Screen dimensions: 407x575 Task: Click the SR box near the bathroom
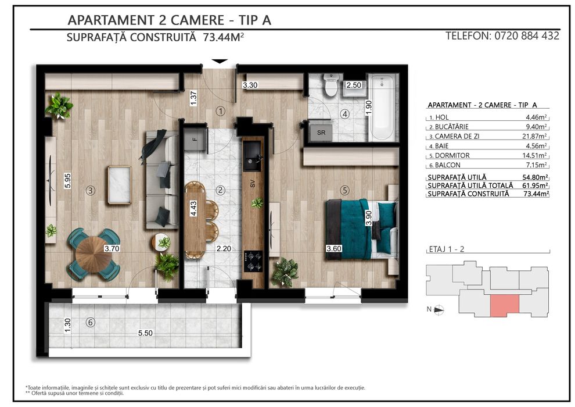[321, 132]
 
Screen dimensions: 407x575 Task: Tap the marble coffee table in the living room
[119, 184]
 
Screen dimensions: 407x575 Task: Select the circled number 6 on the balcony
[90, 322]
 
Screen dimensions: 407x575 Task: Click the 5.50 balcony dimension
[145, 333]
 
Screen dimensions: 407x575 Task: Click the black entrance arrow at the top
[220, 61]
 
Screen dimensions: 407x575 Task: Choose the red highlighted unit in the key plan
[505, 305]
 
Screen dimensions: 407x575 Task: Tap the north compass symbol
[439, 309]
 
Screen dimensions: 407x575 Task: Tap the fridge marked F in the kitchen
[195, 140]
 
